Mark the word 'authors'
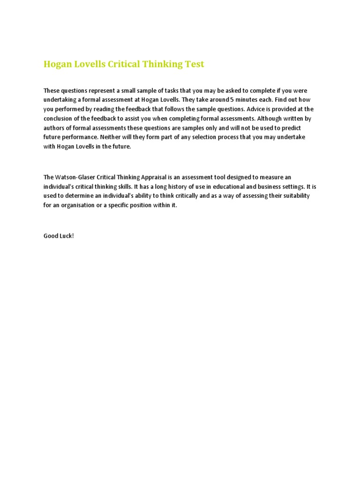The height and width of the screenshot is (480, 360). click(x=54, y=128)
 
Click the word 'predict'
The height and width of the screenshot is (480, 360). click(x=291, y=128)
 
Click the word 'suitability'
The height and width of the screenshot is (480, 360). click(x=295, y=196)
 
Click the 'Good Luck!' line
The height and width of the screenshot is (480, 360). click(x=59, y=236)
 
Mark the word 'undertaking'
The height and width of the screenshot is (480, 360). click(x=60, y=100)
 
